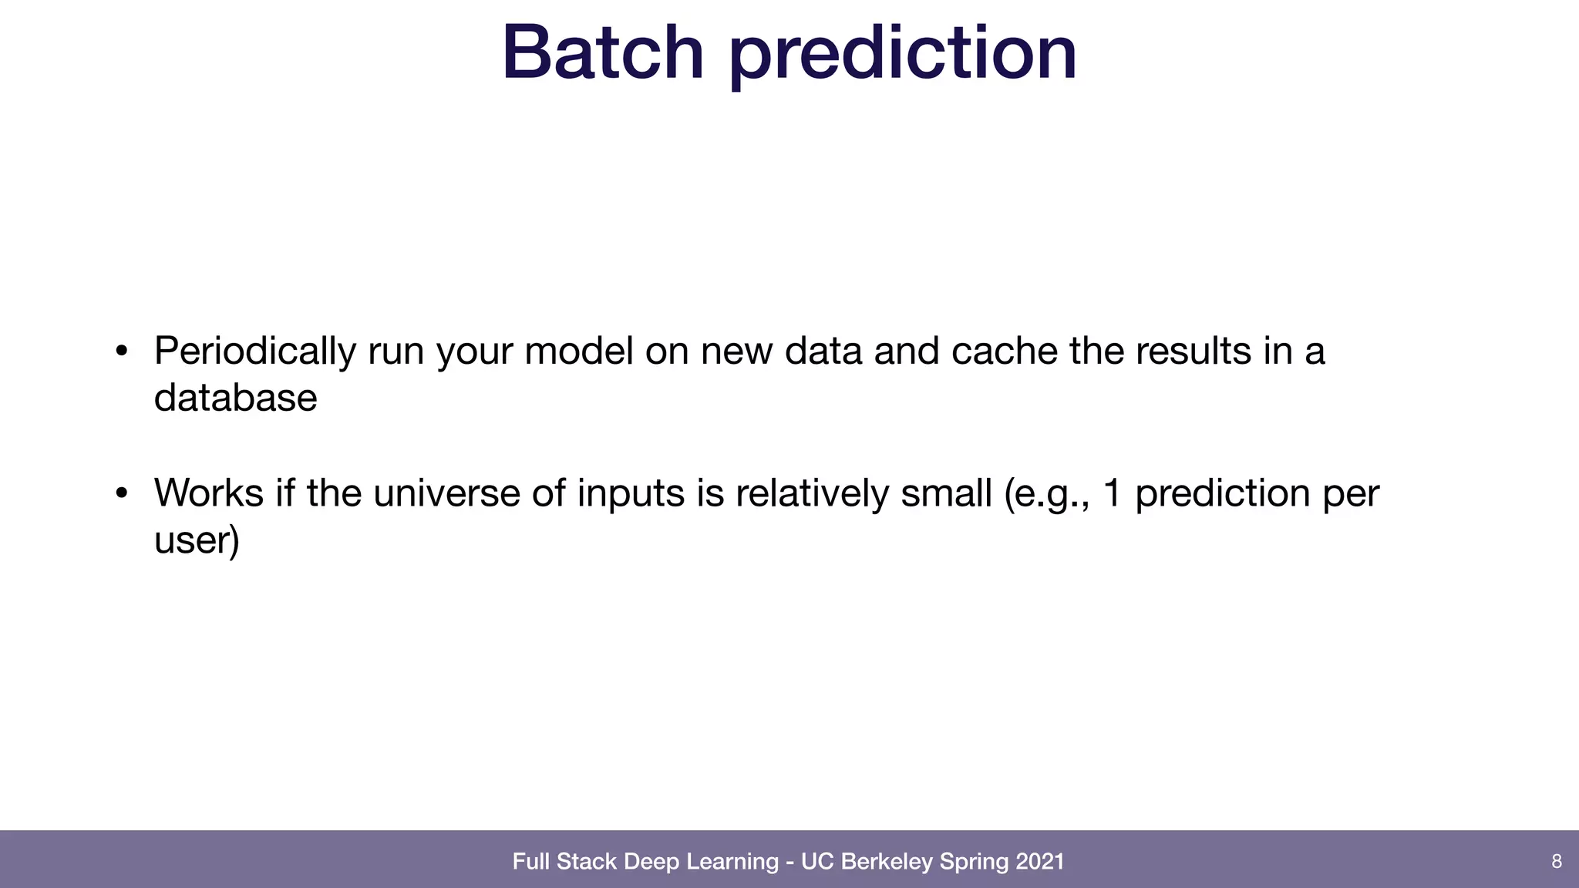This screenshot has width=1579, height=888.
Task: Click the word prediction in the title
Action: [902, 54]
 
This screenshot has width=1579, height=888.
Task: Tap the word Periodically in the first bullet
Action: [254, 351]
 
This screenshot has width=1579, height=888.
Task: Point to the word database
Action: [235, 399]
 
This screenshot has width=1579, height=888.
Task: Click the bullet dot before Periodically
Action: [121, 352]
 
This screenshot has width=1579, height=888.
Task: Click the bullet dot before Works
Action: [121, 494]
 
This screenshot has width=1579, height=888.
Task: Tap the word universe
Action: [446, 493]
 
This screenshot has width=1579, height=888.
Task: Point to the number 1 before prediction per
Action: [1111, 493]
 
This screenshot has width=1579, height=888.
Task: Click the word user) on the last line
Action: [197, 540]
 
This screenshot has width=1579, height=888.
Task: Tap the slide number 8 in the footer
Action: [1556, 861]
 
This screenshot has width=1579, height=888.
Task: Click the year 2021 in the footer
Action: [1040, 861]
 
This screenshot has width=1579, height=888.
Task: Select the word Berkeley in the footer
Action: [887, 861]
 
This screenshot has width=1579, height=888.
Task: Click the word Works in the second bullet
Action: [208, 493]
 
